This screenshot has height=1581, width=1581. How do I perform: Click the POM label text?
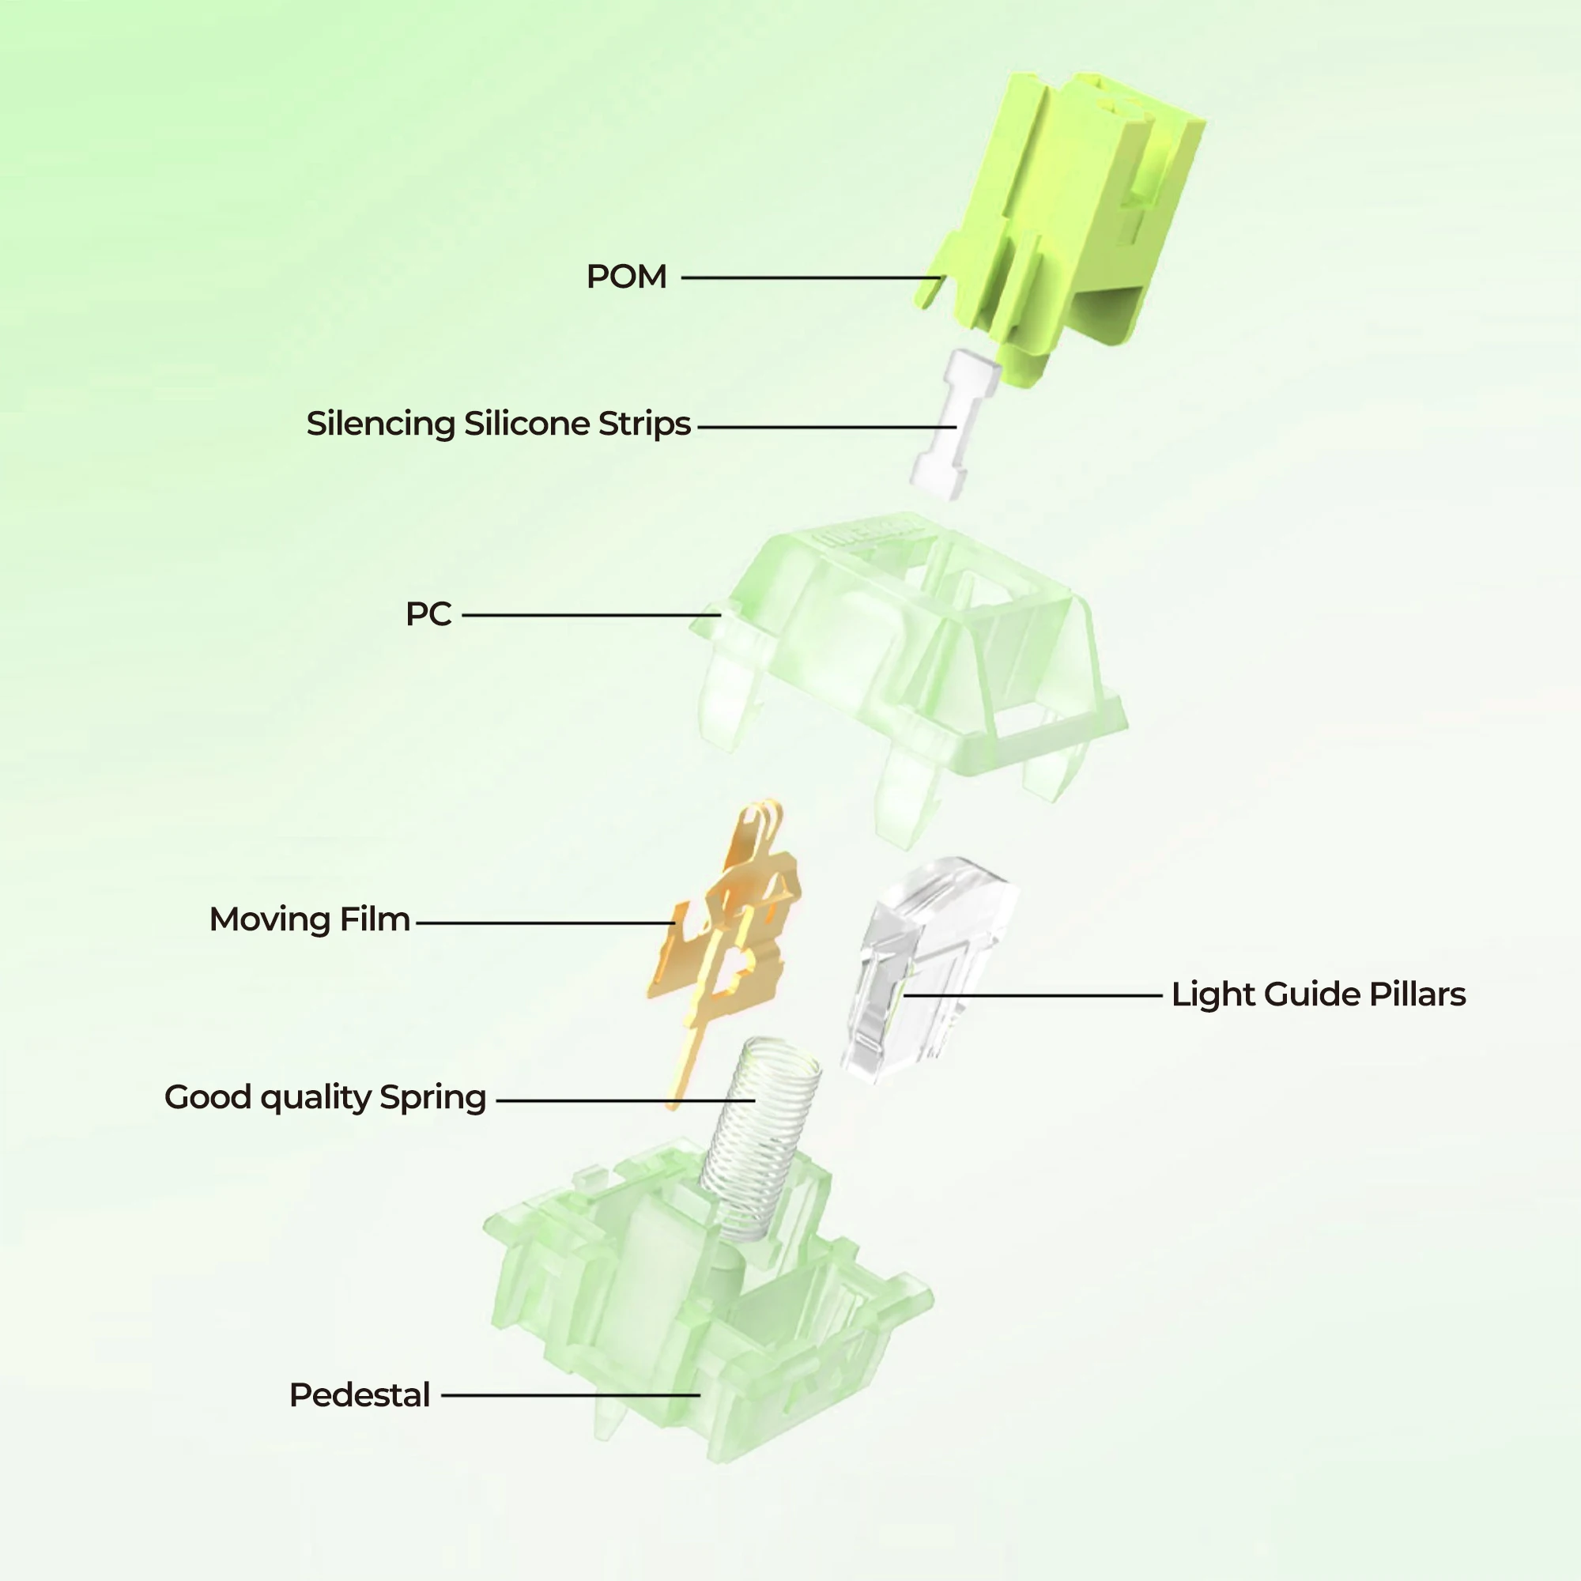pos(626,277)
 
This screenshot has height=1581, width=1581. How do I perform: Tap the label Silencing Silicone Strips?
pos(498,424)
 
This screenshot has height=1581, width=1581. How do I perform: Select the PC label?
pos(428,613)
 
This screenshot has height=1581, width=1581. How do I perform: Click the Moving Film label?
pos(309,919)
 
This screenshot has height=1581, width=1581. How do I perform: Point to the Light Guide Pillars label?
pos(1319,994)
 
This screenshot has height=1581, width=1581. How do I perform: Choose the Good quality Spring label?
pos(325,1097)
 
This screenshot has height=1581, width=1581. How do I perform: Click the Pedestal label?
pos(359,1395)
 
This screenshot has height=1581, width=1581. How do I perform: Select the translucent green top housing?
pos(908,655)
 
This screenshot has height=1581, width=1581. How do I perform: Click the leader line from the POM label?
pos(810,277)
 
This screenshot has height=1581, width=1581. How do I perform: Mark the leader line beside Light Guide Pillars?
pos(1031,995)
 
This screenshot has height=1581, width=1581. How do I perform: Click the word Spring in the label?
pos(433,1097)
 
